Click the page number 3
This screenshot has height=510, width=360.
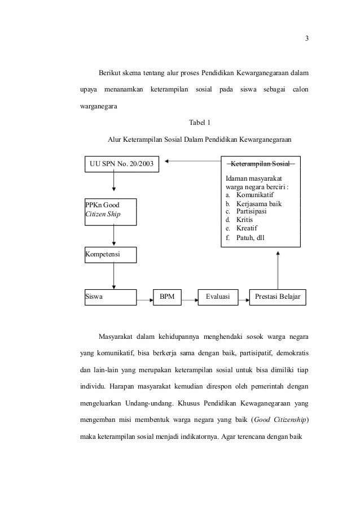307,38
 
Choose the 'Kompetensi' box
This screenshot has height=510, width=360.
110,255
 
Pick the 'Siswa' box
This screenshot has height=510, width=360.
110,297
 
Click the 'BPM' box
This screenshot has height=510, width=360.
167,297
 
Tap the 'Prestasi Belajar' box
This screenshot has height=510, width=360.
278,297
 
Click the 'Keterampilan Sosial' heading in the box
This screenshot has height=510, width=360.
260,164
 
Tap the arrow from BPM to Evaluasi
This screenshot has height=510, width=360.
190,297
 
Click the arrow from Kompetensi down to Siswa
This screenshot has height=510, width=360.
114,276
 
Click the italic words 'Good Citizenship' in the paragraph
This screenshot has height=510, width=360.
279,420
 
